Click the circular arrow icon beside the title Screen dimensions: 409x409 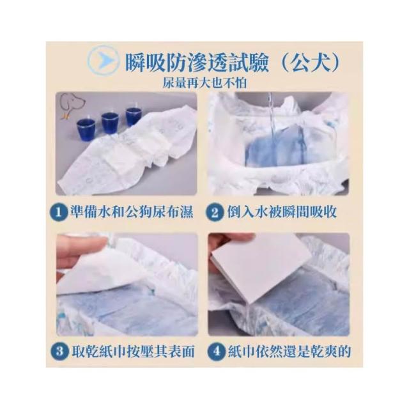tap(103, 61)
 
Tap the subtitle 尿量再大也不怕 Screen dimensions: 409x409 tap(204, 83)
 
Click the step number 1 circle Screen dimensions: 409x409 tap(59, 212)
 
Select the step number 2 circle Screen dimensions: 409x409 tap(215, 212)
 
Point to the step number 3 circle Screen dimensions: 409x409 tap(59, 351)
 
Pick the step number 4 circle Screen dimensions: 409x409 tap(216, 351)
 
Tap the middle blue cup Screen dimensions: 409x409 tap(110, 122)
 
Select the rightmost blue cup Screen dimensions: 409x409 tap(133, 116)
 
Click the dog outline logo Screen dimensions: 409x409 tap(72, 105)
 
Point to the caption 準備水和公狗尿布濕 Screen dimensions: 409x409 tap(132, 212)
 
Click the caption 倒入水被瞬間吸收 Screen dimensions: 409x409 tap(282, 212)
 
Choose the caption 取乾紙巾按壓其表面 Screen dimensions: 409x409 tap(133, 351)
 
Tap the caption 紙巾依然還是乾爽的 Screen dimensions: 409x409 tap(289, 351)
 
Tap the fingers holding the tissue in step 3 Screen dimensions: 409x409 tap(78, 251)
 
